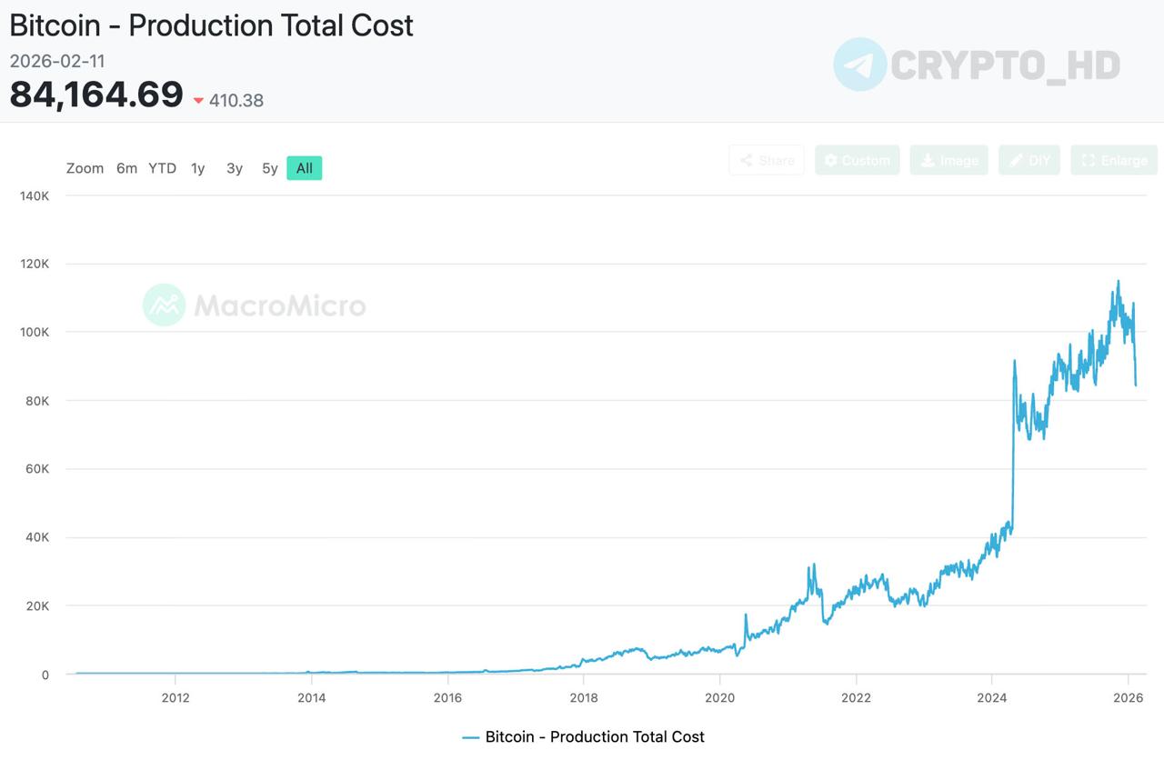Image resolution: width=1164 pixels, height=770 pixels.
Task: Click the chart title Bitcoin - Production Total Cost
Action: click(x=211, y=25)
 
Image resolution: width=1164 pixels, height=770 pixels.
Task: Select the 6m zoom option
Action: click(x=126, y=168)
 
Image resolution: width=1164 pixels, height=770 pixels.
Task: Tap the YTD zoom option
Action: click(x=162, y=168)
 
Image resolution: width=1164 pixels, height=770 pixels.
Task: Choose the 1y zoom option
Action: click(x=197, y=168)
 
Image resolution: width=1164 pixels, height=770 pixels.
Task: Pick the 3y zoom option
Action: click(x=235, y=168)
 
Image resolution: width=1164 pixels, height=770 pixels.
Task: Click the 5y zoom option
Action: click(x=269, y=168)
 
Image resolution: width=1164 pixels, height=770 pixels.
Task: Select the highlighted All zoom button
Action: click(x=304, y=168)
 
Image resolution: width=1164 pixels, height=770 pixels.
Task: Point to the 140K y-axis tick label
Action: click(x=35, y=195)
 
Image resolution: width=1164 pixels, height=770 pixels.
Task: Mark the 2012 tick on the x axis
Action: click(x=175, y=698)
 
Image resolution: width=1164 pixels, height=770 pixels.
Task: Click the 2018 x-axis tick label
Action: click(x=583, y=698)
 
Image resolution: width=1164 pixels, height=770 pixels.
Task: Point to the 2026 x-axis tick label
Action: click(x=1128, y=698)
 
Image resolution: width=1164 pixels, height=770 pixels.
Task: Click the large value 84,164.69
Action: click(x=96, y=95)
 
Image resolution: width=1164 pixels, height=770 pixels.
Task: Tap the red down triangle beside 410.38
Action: click(x=198, y=101)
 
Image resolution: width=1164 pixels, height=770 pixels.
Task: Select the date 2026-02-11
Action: click(x=57, y=61)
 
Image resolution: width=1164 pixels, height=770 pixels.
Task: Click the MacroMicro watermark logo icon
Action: click(x=164, y=305)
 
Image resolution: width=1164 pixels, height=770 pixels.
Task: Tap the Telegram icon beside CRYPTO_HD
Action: click(x=859, y=65)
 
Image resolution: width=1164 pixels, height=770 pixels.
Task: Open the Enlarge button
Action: click(x=1114, y=160)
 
